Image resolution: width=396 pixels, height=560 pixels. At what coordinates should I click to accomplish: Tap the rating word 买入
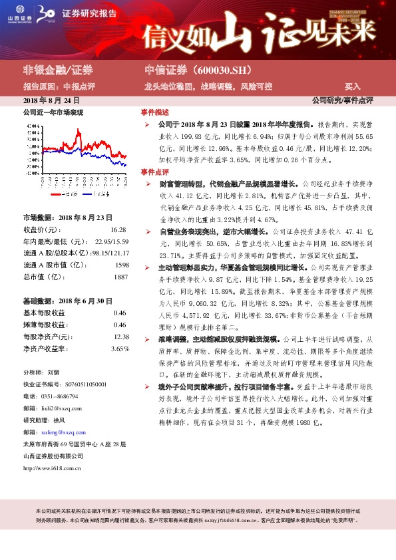tap(352, 86)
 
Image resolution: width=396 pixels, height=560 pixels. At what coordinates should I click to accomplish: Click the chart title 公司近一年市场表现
tap(53, 113)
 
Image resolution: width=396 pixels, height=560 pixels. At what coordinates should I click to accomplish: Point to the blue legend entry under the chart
tap(100, 194)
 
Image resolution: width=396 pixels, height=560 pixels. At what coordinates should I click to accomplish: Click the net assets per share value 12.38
tap(120, 337)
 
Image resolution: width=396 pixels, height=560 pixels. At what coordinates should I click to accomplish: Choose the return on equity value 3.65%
tap(120, 348)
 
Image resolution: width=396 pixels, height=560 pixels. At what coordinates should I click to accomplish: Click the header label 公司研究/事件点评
tap(342, 100)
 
